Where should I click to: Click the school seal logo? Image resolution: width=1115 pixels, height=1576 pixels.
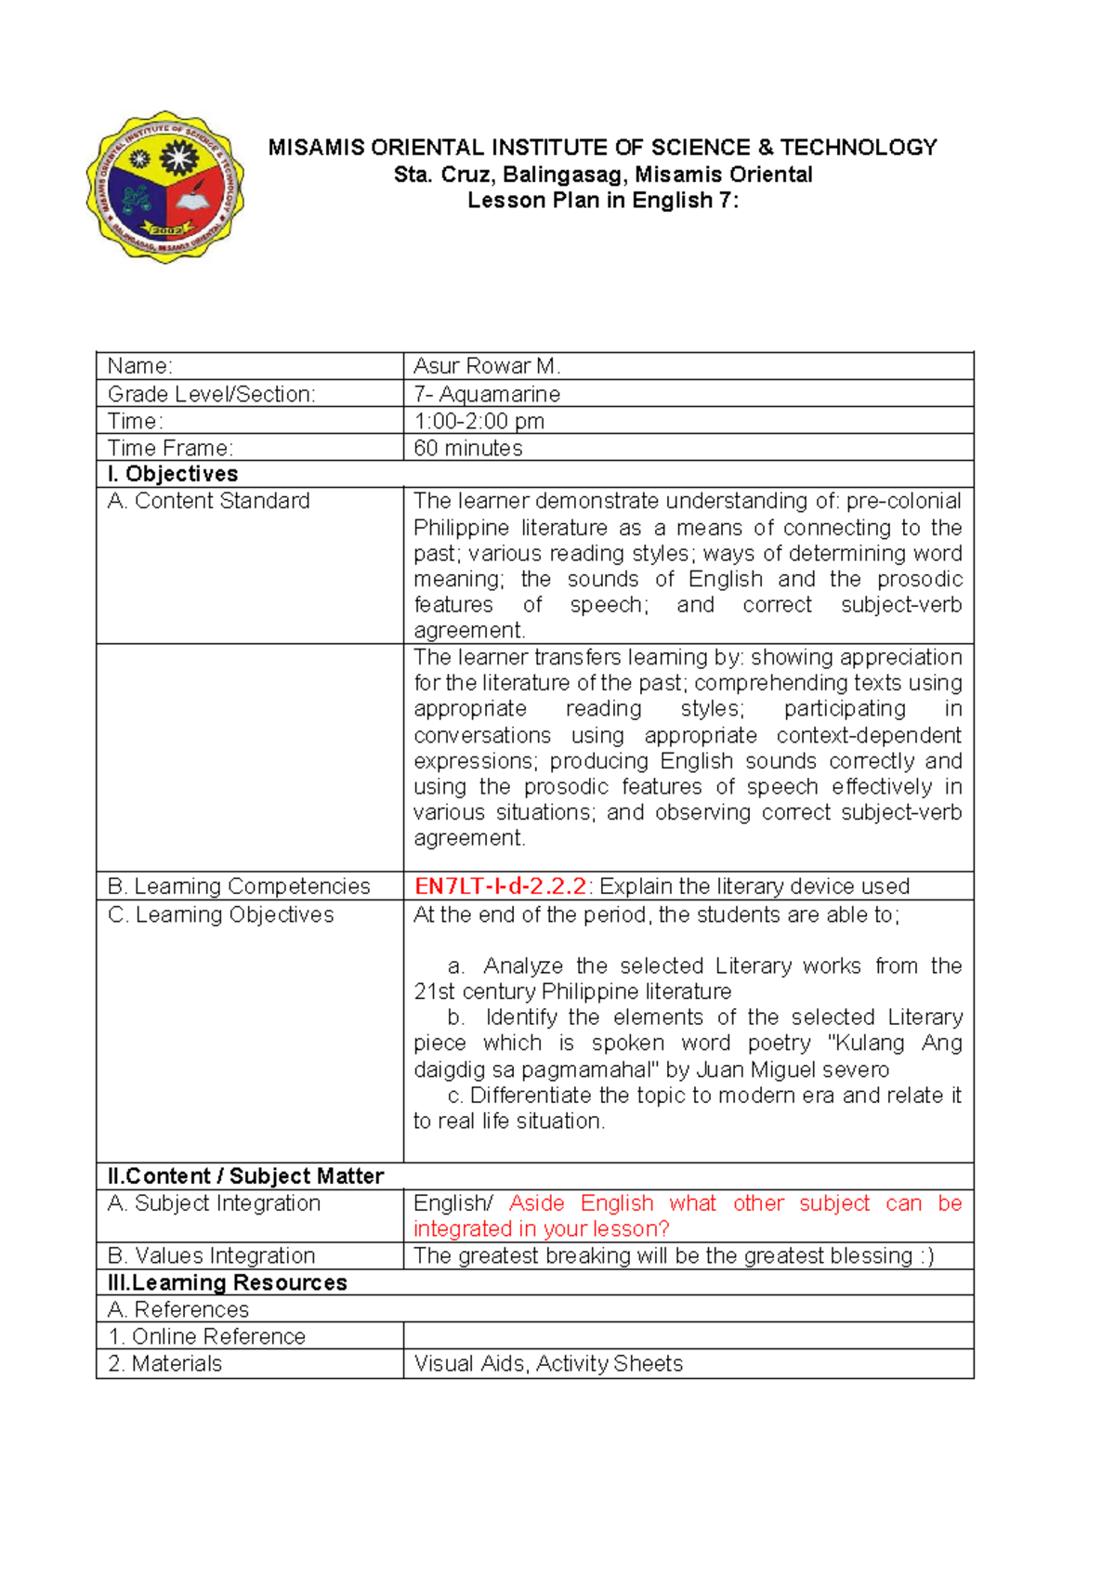(x=165, y=186)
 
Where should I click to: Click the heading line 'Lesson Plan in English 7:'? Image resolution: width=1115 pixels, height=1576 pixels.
(x=602, y=201)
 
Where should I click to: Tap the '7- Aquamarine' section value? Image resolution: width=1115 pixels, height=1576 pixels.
(x=487, y=394)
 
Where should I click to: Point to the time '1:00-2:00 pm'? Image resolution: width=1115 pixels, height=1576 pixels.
(x=479, y=421)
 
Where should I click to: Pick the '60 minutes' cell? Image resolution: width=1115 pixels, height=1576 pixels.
(x=468, y=448)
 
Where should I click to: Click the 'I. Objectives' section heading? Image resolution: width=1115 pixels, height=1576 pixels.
(x=173, y=474)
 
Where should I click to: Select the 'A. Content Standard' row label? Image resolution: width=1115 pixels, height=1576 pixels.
(x=209, y=501)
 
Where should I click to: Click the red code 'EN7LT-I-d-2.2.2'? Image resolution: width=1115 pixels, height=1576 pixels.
(x=500, y=886)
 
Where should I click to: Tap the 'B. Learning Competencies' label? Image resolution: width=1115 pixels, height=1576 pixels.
(x=239, y=886)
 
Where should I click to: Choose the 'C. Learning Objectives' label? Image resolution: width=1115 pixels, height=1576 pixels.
(x=221, y=914)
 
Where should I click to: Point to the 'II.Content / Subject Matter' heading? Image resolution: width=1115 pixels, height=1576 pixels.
(x=245, y=1176)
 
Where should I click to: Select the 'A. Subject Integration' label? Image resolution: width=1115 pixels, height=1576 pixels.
(x=215, y=1203)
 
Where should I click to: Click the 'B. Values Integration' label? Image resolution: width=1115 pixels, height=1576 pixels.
(x=212, y=1255)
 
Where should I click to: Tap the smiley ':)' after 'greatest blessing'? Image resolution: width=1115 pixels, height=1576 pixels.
(x=925, y=1255)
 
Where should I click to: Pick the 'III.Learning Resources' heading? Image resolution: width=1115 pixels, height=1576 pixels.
(x=228, y=1282)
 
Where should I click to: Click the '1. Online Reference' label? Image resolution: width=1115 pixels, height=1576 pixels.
(x=207, y=1336)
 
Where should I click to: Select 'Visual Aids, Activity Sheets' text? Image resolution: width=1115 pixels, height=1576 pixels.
(x=548, y=1363)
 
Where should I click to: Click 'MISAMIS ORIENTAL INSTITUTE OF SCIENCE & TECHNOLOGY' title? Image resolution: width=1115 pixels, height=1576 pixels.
(x=602, y=148)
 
